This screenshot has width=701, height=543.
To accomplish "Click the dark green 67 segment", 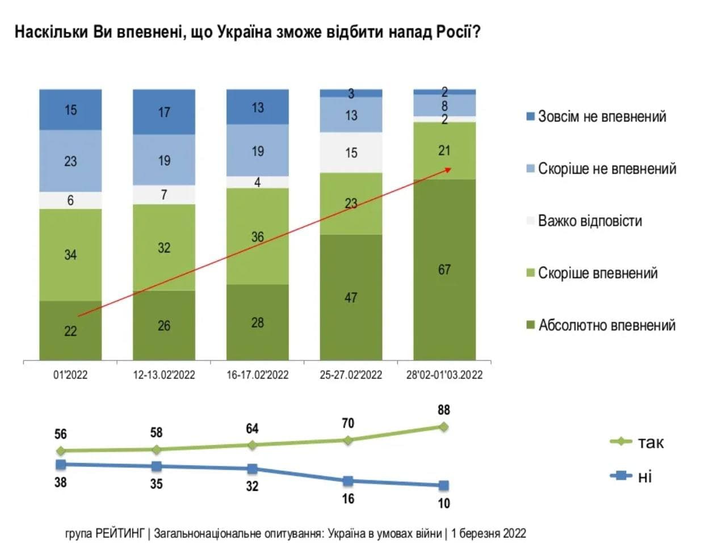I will pyautogui.click(x=444, y=270).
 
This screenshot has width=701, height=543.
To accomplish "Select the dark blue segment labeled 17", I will pyautogui.click(x=164, y=112).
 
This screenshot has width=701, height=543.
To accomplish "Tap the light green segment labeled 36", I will pyautogui.click(x=258, y=236).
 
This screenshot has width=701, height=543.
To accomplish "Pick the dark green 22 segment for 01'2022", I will pyautogui.click(x=70, y=330).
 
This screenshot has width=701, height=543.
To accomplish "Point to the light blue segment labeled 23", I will pyautogui.click(x=70, y=161).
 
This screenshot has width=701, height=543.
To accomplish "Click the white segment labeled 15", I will pyautogui.click(x=351, y=153).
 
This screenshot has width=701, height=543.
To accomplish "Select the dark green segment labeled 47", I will pyautogui.click(x=351, y=297).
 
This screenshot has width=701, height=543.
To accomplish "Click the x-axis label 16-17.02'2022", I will pyautogui.click(x=258, y=375).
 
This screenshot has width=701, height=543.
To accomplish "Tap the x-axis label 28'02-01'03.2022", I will pyautogui.click(x=444, y=375).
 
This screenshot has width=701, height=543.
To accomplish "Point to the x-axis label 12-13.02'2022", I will pyautogui.click(x=164, y=375).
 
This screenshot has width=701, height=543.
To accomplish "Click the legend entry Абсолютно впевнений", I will pyautogui.click(x=606, y=326).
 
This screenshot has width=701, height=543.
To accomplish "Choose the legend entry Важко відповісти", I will pyautogui.click(x=590, y=221).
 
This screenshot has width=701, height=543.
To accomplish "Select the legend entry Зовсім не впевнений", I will pyautogui.click(x=602, y=117).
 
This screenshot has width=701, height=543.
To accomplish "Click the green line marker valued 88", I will pyautogui.click(x=444, y=426).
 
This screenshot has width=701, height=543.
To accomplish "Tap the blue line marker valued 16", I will pyautogui.click(x=348, y=481).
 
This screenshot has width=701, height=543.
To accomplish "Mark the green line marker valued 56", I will pyautogui.click(x=61, y=451).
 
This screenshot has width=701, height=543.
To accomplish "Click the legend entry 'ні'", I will pyautogui.click(x=644, y=477).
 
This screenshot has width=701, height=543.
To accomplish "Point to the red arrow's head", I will pyautogui.click(x=450, y=169).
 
